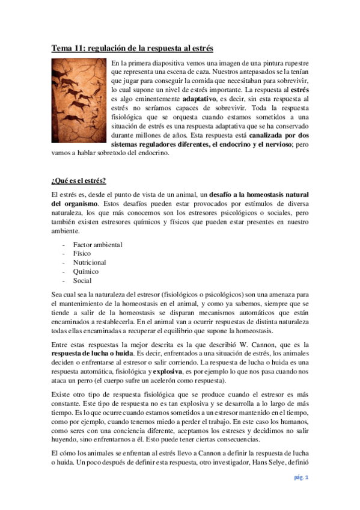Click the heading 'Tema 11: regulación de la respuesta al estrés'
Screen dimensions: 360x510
click(x=132, y=48)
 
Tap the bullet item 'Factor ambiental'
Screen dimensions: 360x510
click(x=97, y=245)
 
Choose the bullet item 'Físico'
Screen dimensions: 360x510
click(x=82, y=254)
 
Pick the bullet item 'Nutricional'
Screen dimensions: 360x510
click(x=90, y=263)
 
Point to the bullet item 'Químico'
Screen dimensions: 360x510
click(x=85, y=272)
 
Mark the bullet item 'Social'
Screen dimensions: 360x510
click(x=82, y=281)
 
